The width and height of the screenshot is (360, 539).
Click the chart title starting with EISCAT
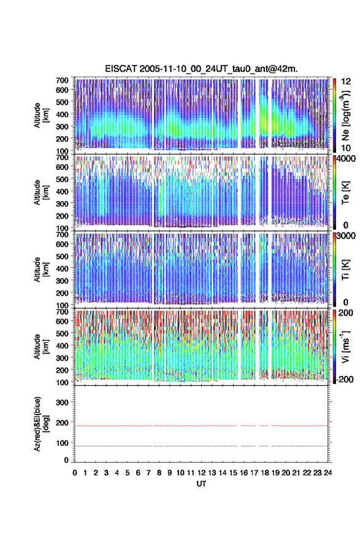point(201,69)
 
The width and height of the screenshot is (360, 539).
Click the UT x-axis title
point(202,484)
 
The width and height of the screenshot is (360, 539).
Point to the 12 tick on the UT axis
point(202,473)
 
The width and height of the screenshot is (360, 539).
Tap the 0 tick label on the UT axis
point(75,473)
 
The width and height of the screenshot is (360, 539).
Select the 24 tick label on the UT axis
point(327,473)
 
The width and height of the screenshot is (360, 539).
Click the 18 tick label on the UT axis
point(265,473)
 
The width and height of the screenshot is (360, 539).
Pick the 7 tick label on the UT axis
point(148,473)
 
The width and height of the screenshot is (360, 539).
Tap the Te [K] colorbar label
point(345,193)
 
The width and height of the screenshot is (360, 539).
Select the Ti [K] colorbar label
point(345,270)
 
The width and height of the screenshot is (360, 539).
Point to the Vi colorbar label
point(345,347)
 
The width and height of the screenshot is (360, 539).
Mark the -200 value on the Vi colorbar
point(344,379)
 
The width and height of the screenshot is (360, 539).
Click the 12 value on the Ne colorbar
point(346,82)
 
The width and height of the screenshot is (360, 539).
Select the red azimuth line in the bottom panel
point(201,426)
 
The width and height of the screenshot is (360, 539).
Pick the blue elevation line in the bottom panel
point(201,446)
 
